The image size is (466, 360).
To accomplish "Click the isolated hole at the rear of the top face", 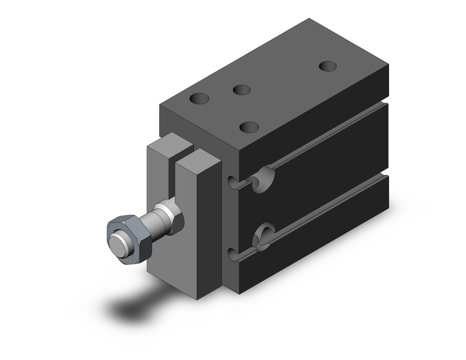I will click(x=328, y=66).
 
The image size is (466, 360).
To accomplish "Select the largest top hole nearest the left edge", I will click(x=199, y=98).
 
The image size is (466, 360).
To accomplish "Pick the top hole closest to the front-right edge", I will click(x=249, y=126).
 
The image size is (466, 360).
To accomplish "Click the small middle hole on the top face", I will click(x=242, y=90).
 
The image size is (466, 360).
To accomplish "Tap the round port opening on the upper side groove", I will click(x=263, y=178).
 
